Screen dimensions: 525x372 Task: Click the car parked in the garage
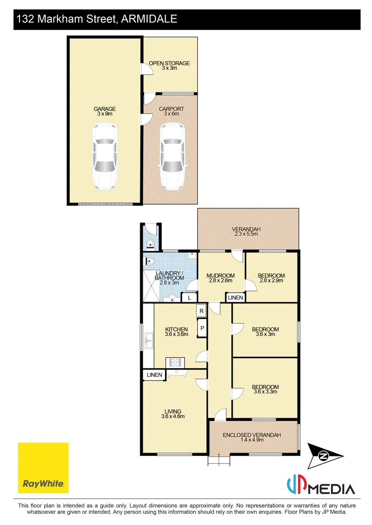[105, 157]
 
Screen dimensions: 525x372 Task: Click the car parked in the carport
[172, 157]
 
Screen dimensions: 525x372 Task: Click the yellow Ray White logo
[43, 467]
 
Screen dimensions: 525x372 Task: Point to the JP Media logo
[320, 486]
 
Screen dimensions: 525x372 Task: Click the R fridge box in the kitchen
[201, 311]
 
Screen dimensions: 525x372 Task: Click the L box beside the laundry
[189, 297]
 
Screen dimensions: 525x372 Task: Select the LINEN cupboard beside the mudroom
[235, 297]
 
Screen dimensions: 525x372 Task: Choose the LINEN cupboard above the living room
[154, 375]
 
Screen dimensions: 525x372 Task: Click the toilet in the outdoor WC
[151, 243]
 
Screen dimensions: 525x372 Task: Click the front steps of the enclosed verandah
[219, 460]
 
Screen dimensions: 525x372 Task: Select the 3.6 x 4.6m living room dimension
[171, 417]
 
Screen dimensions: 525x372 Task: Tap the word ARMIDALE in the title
[149, 19]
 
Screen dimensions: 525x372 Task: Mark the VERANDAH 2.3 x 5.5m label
[245, 231]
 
